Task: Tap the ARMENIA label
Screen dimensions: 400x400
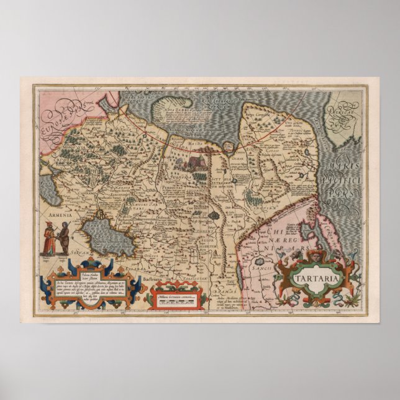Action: pyautogui.click(x=60, y=214)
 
